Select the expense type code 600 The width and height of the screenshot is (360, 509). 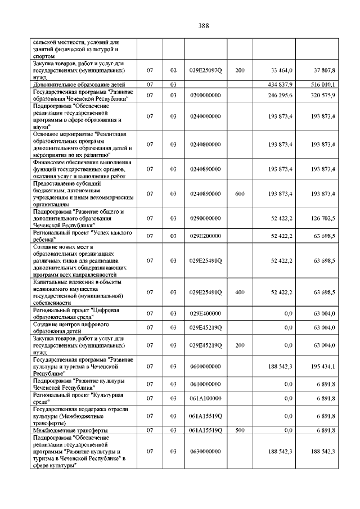tap(240, 193)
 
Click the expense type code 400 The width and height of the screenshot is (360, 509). tap(240, 292)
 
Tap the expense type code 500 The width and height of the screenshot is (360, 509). tap(240, 430)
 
